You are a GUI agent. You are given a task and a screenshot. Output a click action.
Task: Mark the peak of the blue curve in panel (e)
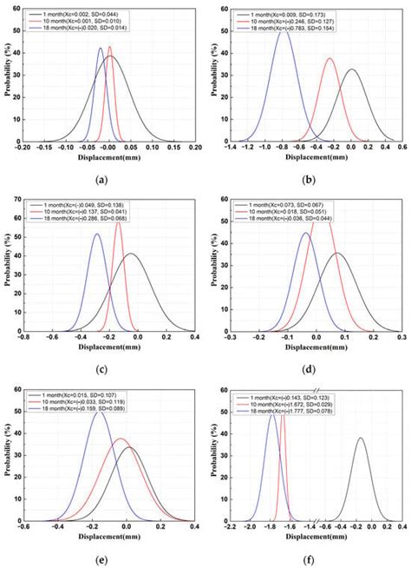pos(100,412)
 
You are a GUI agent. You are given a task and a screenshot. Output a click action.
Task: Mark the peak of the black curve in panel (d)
pos(345,254)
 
